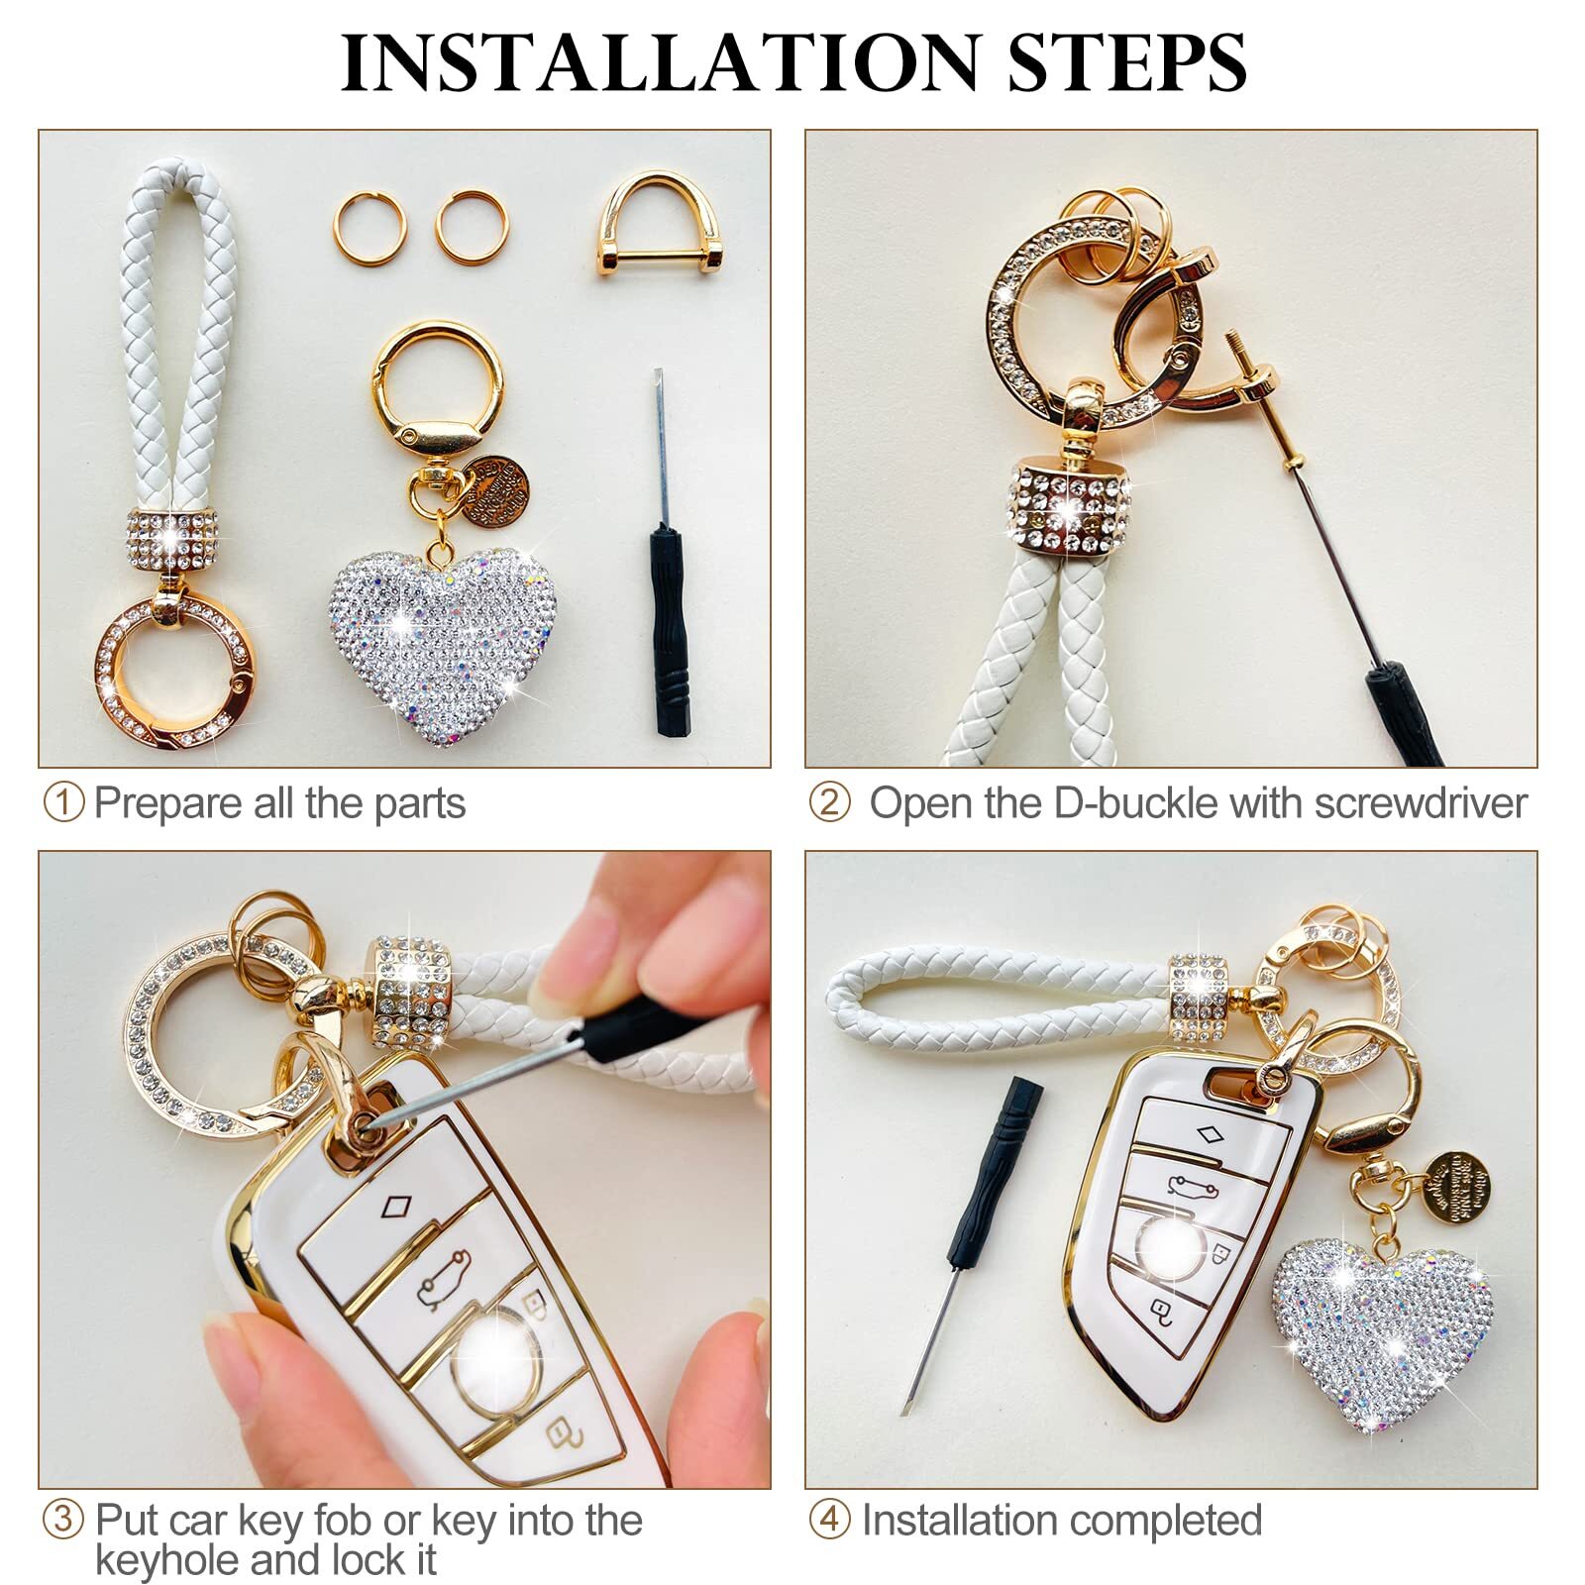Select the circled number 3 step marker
(63, 1520)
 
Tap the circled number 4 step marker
(829, 1520)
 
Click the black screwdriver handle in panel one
(671, 631)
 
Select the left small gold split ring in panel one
(369, 227)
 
